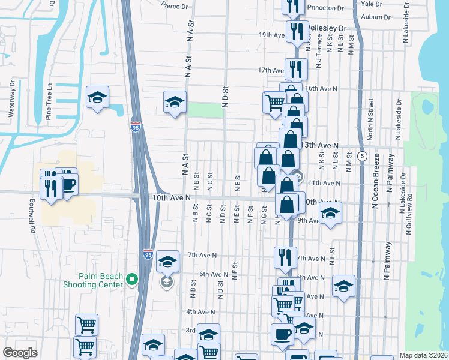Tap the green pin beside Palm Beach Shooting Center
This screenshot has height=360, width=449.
click(133, 279)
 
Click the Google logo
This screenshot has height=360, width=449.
click(20, 353)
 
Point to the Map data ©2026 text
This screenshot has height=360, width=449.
click(423, 355)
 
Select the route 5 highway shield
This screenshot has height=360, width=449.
click(362, 155)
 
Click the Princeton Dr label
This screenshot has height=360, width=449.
click(325, 8)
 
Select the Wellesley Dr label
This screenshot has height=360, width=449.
click(327, 28)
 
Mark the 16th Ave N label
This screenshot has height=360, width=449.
click(323, 88)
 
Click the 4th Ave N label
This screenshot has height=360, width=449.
click(200, 311)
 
